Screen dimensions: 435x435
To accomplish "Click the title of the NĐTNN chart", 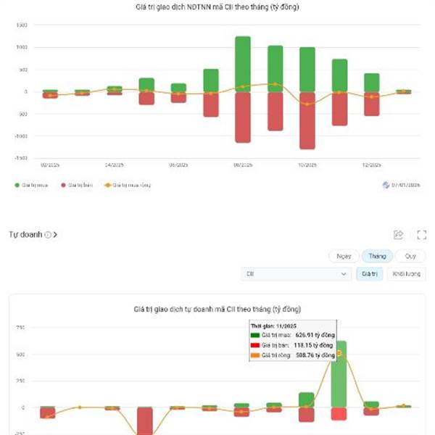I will (217, 7).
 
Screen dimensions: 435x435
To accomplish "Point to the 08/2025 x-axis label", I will (243, 165).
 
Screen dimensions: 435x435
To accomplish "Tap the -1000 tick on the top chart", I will (21, 136).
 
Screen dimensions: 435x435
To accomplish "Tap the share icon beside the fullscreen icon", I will (398, 235).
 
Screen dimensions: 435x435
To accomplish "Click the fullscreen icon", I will (421, 235).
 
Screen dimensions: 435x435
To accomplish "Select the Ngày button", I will (344, 256).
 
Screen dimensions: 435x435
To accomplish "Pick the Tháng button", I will (377, 256).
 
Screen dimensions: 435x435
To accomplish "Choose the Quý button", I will (410, 256).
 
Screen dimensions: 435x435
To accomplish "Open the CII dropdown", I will (297, 274).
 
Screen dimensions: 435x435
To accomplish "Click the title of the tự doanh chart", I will (217, 310).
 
